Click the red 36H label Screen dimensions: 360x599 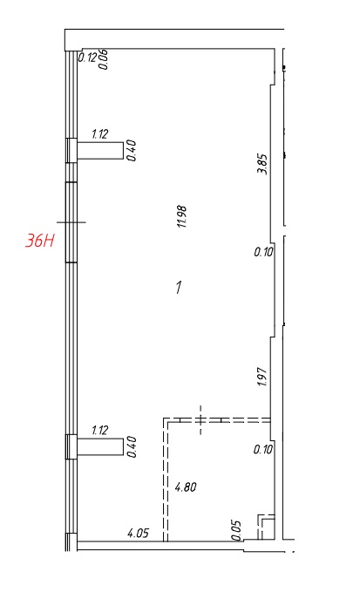click(40, 241)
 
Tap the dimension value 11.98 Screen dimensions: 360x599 click(182, 216)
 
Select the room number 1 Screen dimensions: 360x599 click(179, 287)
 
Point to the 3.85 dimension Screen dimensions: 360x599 click(263, 164)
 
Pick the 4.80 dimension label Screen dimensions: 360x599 click(186, 487)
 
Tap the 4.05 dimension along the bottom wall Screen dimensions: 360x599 click(138, 533)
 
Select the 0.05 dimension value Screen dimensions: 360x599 click(236, 530)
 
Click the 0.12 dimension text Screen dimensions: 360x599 click(87, 58)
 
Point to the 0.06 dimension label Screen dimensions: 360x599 click(104, 59)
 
